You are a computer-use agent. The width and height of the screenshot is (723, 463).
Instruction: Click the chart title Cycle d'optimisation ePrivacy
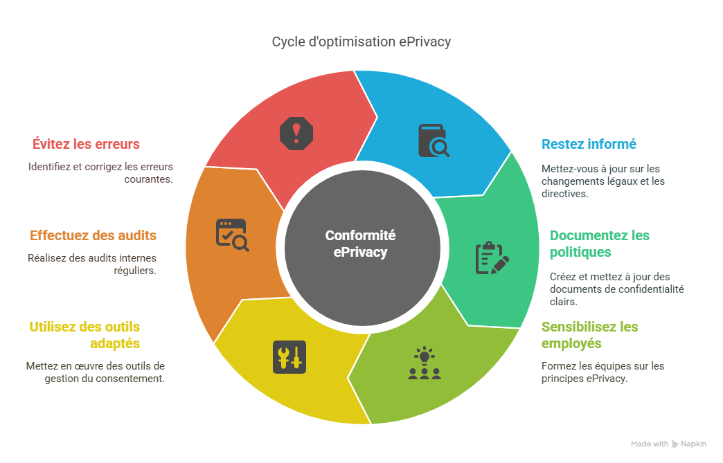click(361, 42)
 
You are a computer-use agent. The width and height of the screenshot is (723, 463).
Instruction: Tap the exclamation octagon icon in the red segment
click(296, 132)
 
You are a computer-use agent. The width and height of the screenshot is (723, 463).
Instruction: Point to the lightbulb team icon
click(424, 364)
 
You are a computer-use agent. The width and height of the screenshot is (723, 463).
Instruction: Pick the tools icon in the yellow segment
click(289, 357)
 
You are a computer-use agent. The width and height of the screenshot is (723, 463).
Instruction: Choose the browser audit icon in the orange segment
click(231, 235)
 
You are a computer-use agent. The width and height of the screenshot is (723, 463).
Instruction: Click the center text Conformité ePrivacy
click(360, 244)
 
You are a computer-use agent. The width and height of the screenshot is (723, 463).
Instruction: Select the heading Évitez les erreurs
click(86, 145)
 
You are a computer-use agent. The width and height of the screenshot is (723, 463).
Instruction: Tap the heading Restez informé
click(589, 145)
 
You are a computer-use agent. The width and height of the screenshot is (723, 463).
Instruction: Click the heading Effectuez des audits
click(93, 236)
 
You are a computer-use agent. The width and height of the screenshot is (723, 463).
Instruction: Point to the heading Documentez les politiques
click(600, 244)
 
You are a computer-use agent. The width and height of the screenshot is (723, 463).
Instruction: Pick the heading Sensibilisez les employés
click(589, 335)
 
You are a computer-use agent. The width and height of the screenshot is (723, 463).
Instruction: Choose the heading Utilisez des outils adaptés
click(84, 335)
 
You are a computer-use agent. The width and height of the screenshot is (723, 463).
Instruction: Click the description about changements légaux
click(602, 181)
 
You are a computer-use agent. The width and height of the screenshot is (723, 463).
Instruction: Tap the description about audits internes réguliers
click(91, 264)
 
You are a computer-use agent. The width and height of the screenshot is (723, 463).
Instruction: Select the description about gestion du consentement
click(95, 372)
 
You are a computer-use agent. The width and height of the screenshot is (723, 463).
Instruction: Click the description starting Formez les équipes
click(602, 372)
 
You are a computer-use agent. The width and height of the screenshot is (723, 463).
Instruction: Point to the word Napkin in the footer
click(693, 444)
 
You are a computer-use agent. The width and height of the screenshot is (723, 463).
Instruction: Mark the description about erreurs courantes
click(100, 172)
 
